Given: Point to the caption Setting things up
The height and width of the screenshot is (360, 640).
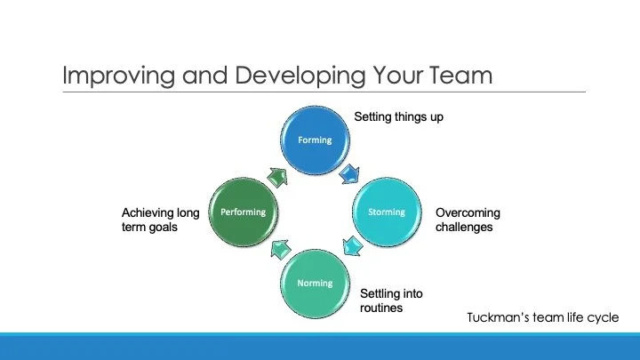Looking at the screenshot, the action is pyautogui.click(x=398, y=116).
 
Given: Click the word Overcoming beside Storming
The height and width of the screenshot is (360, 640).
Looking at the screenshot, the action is pyautogui.click(x=468, y=212).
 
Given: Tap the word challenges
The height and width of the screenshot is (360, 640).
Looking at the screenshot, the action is pyautogui.click(x=464, y=227).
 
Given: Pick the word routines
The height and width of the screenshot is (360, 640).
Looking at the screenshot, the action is pyautogui.click(x=381, y=308).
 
